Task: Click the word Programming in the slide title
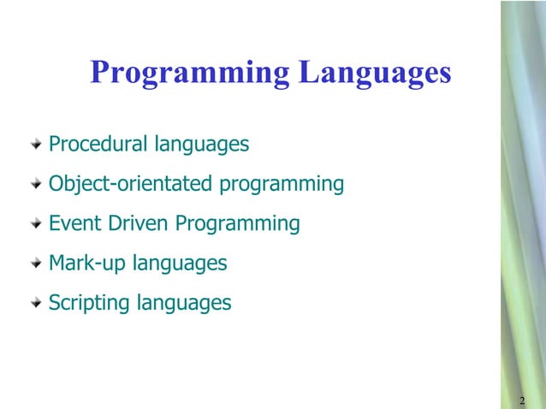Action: [189, 73]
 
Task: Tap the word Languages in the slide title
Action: [375, 73]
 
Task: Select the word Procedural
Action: [98, 144]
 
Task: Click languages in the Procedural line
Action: [202, 145]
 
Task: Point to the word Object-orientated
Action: [131, 184]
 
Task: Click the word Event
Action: [75, 223]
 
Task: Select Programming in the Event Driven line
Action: [237, 224]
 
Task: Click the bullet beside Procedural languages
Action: [34, 144]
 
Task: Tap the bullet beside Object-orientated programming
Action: [34, 184]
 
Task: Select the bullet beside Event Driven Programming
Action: [34, 223]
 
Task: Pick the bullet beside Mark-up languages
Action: [34, 264]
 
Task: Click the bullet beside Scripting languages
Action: [34, 303]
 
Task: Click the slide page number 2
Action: [521, 400]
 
